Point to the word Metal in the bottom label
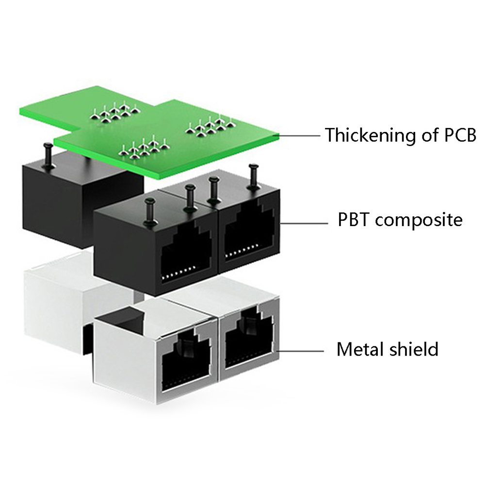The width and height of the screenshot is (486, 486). click(360, 349)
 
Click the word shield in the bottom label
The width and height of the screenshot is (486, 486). click(415, 349)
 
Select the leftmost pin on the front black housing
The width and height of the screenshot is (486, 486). click(149, 211)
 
